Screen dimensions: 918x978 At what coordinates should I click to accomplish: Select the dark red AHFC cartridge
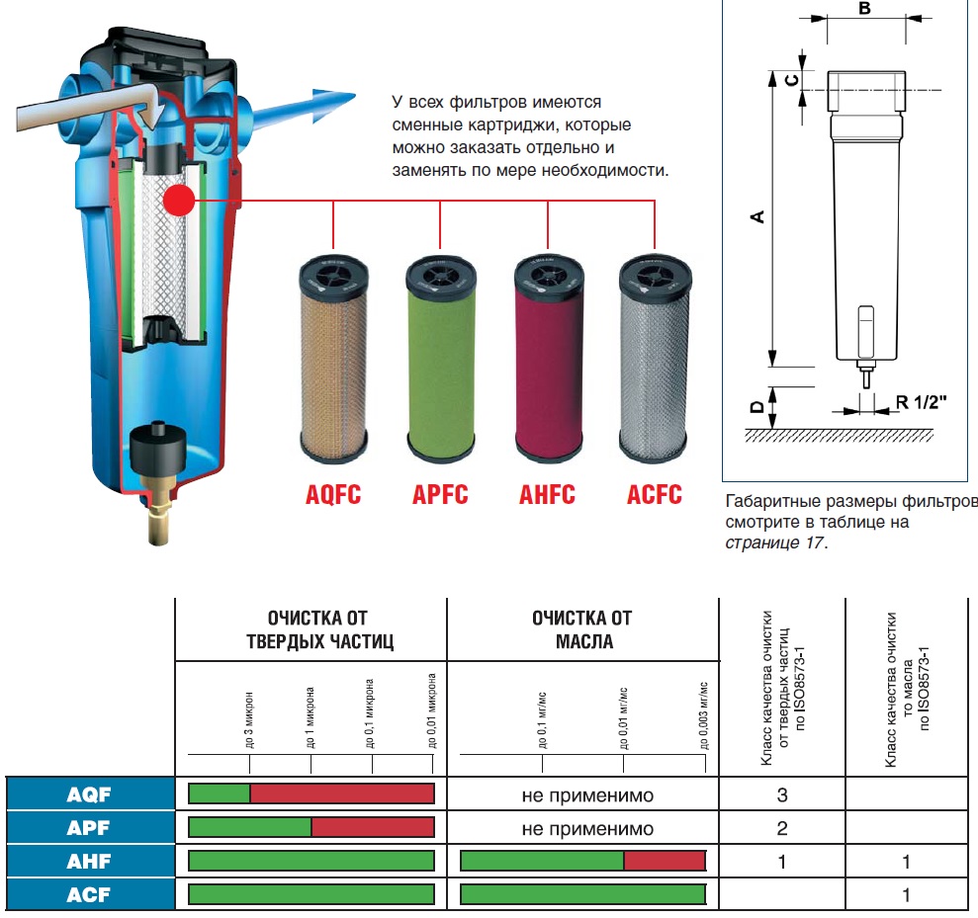tap(547, 362)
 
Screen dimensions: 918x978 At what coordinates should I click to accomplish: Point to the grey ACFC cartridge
tap(653, 362)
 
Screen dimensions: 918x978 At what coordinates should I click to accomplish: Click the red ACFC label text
tap(654, 494)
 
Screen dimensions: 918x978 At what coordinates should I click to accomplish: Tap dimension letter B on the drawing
tap(864, 9)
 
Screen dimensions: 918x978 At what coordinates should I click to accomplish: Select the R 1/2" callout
tap(922, 402)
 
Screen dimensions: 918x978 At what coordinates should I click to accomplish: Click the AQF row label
tap(89, 793)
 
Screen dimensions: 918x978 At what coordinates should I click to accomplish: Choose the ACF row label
tap(89, 896)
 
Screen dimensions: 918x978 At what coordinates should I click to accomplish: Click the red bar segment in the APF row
tap(373, 828)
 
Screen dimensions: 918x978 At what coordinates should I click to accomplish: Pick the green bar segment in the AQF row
tap(219, 793)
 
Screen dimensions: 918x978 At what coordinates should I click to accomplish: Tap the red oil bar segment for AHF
tap(665, 862)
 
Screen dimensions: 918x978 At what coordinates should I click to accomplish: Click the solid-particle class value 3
tap(782, 794)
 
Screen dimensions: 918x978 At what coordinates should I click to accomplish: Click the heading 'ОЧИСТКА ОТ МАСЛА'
tap(581, 629)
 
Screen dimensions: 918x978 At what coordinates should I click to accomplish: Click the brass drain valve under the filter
tap(159, 514)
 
